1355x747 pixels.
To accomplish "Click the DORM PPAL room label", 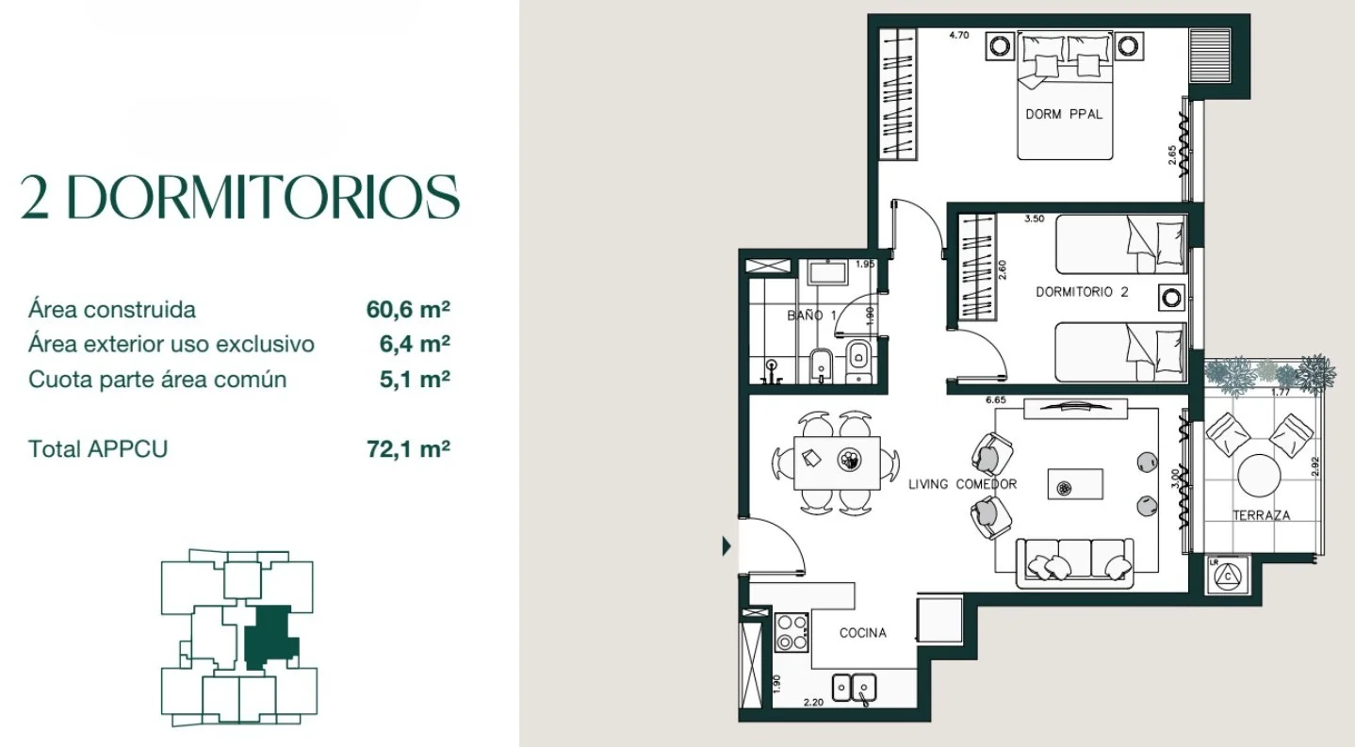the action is coord(1064,114).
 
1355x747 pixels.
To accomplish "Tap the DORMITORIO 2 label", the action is coord(1082,291).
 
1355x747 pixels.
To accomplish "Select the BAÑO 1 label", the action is coord(812,316).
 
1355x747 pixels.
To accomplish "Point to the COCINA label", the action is coord(862,633).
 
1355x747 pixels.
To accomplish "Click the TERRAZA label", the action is coord(1261,515).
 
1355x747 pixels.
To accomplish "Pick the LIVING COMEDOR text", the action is coord(962,484).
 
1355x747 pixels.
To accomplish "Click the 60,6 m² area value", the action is coord(408,309).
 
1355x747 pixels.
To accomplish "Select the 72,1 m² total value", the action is coord(408,448).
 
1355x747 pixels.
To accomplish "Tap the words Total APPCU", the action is coord(98,448).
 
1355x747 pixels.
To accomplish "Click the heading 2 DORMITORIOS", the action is coord(240,197).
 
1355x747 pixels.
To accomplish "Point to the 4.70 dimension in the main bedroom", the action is coord(959,35).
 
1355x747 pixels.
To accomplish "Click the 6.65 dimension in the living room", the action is coord(995,399).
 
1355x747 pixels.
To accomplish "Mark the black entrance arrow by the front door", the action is coord(726,546).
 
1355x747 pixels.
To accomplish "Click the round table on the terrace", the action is coord(1259,476).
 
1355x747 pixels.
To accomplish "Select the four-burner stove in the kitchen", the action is coord(792,633).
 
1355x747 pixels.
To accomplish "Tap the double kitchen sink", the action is coord(854,688).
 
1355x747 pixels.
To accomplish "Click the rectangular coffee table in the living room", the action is coord(1075,484).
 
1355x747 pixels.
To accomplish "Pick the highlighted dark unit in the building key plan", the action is coord(270,637).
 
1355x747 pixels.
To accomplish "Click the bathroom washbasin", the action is coord(828,273).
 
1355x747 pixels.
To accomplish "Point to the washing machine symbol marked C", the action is coord(1228,576).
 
